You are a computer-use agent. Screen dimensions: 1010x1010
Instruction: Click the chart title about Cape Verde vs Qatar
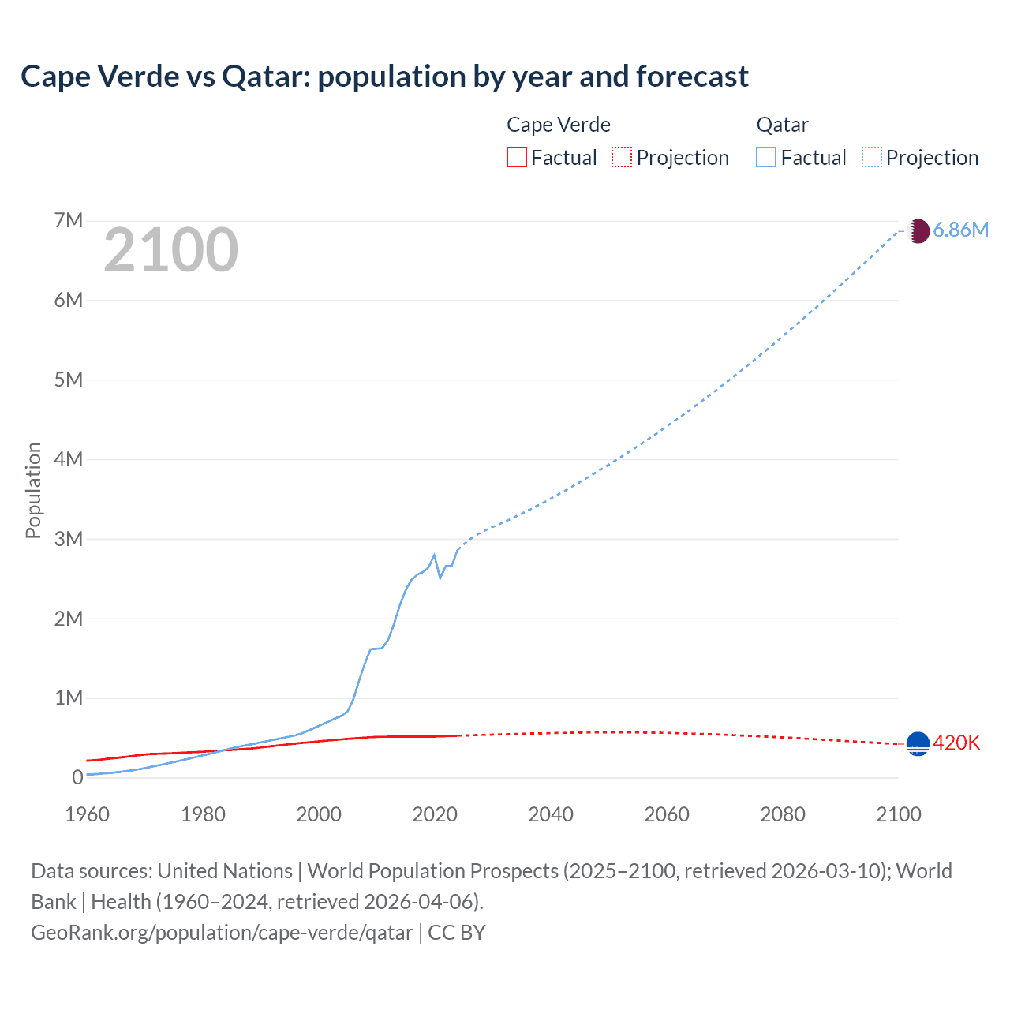384,77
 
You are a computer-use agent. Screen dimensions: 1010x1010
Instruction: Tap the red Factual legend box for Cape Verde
516,157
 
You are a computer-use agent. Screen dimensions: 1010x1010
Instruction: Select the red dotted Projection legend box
622,157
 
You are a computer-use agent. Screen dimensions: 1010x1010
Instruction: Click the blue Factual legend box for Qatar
765,157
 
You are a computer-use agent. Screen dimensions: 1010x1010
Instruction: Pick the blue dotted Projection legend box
871,157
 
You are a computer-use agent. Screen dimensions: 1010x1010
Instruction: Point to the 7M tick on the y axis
69,220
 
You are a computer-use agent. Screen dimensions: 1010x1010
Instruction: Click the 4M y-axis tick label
69,459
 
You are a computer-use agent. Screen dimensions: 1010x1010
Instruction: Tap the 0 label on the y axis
77,777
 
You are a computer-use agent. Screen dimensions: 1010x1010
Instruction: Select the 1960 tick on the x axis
87,814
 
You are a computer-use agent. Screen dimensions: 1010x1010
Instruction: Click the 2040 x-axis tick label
551,814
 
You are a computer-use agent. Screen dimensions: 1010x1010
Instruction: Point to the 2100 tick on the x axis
898,814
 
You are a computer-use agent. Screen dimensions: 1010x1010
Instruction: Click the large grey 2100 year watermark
170,250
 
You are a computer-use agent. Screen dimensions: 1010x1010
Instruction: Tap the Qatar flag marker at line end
918,230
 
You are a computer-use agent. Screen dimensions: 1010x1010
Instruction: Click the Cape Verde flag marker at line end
918,743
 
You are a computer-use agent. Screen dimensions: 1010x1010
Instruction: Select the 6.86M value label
960,230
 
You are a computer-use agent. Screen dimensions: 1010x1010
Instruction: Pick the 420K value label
956,743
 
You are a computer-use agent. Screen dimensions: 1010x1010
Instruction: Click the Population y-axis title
33,490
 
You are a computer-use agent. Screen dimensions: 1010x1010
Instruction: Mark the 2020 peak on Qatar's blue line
434,555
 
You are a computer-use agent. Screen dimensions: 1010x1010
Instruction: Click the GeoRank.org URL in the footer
222,933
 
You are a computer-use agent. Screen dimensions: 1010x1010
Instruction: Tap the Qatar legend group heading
782,125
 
